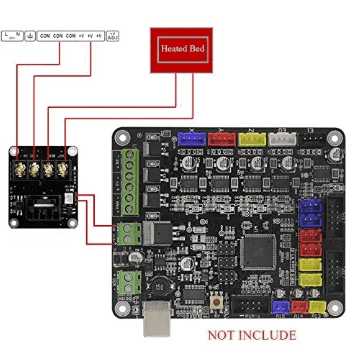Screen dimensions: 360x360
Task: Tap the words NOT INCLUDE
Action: click(251, 334)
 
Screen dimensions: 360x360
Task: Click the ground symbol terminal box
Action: click(30, 35)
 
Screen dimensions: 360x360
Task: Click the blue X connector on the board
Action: click(192, 139)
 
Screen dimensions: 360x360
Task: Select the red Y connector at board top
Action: click(221, 139)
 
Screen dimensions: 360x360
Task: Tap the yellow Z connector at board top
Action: click(251, 139)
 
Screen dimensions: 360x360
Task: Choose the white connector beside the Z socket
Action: click(282, 139)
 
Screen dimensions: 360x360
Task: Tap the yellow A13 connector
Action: click(316, 307)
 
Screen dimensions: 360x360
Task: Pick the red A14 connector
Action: click(298, 307)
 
